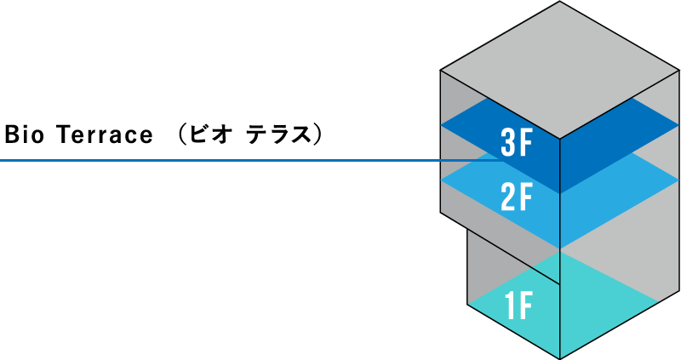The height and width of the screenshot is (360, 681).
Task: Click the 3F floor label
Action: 517,143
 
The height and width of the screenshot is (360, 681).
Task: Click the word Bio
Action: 25,134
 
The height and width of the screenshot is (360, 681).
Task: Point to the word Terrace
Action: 105,134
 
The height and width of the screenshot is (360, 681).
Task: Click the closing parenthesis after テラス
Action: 318,134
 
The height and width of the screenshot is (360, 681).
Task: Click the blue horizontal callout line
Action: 252,161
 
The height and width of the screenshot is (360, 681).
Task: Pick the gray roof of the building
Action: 560,70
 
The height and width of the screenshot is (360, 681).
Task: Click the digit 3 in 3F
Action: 508,143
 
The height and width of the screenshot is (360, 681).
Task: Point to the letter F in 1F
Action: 526,306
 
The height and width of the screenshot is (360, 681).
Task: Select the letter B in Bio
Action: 11,134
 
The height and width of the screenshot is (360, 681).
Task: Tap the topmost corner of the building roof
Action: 560,2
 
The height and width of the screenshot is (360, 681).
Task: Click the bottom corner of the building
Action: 560,358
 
